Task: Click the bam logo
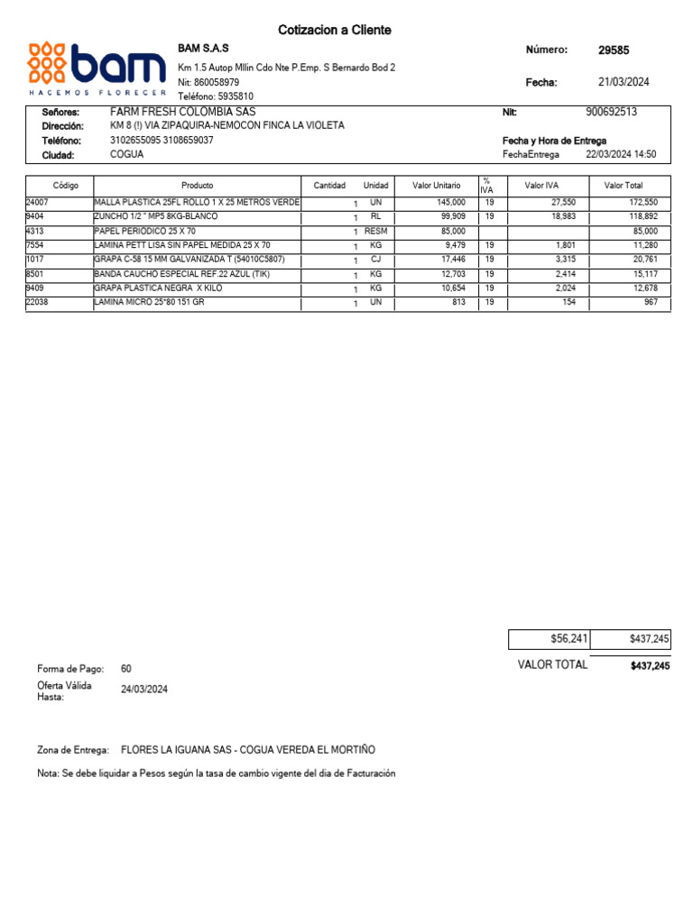coord(97,69)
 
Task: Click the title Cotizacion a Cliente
coord(334,31)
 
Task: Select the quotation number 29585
coord(614,50)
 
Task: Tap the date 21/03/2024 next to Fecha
coord(624,82)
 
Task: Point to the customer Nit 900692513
coord(611,112)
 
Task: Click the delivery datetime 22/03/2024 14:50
coord(621,154)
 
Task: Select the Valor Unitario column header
coord(436,186)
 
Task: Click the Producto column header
coord(197,186)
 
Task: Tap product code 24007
coord(37,203)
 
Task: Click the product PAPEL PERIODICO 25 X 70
coord(145,232)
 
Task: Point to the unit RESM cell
coord(375,232)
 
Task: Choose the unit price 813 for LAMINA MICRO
coord(457,302)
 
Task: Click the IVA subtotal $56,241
coord(568,639)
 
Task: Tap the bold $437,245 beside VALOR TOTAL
coord(650,666)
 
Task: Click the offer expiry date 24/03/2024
coord(144,690)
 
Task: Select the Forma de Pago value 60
coord(126,669)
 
